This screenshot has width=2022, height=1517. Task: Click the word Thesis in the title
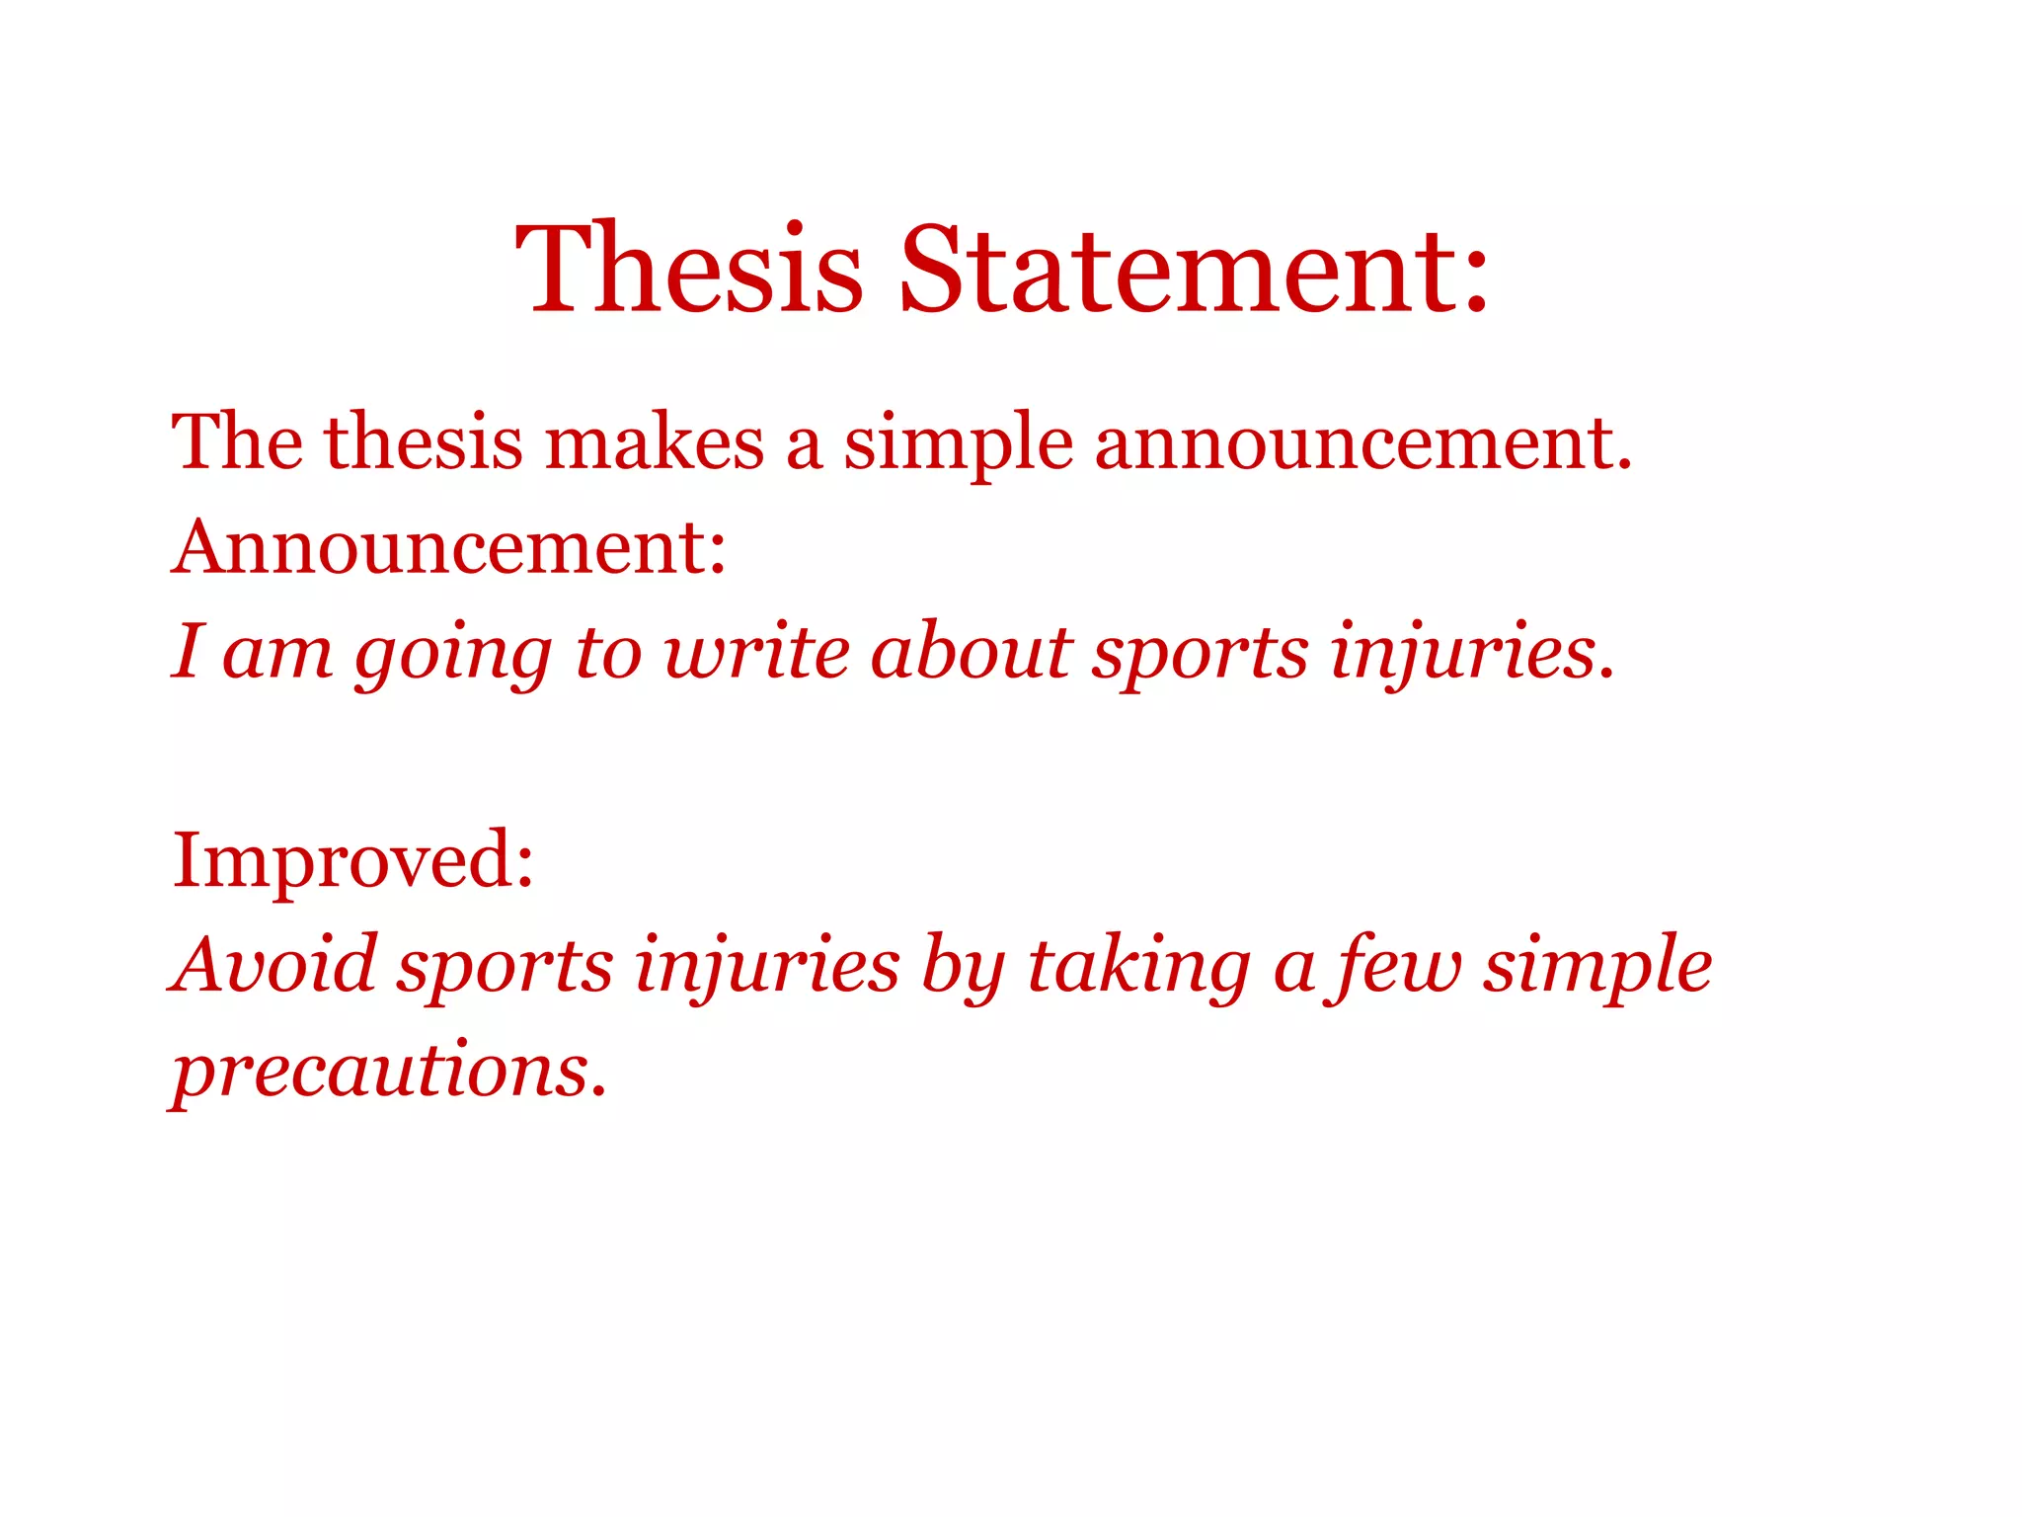(x=689, y=270)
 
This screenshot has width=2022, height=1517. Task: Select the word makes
(x=654, y=442)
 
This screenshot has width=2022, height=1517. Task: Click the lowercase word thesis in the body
(x=424, y=442)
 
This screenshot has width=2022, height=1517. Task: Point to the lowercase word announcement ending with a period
(x=1362, y=442)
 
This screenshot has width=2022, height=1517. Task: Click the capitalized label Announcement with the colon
(x=449, y=547)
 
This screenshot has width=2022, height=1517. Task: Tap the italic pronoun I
(x=188, y=652)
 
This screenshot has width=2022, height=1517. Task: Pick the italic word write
(x=756, y=652)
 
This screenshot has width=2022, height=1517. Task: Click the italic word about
(x=972, y=652)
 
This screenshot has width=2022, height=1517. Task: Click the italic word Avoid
(x=273, y=964)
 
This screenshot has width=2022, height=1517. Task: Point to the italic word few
(x=1398, y=966)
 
